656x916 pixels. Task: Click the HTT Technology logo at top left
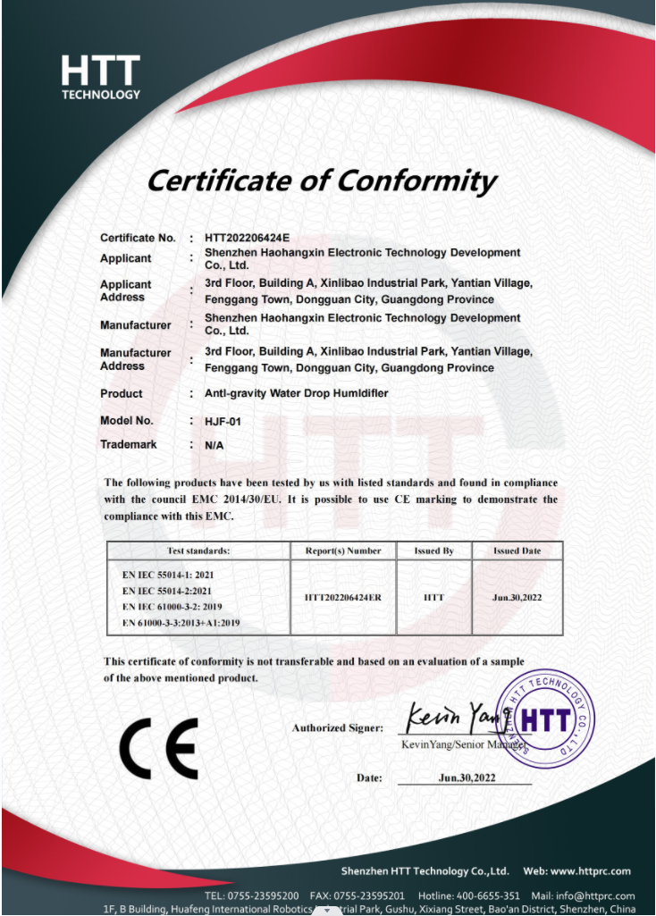pos(100,77)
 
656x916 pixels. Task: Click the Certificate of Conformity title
pos(321,181)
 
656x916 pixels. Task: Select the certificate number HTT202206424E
pos(247,238)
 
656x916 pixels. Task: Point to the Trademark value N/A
pos(214,444)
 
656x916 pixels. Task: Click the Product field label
pos(121,393)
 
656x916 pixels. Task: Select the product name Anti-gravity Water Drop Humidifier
pos(296,393)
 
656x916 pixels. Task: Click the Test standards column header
pos(198,551)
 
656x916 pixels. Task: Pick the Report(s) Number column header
pos(343,551)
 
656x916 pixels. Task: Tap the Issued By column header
pos(433,551)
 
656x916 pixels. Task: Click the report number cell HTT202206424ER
pos(343,597)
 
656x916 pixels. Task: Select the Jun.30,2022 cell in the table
pos(517,597)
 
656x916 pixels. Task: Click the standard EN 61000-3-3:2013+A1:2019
pos(181,622)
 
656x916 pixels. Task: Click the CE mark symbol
pos(158,748)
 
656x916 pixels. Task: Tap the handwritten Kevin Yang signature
pos(456,717)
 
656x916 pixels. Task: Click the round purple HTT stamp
pos(545,719)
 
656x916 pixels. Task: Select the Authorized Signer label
pos(337,728)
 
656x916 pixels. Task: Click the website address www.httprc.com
pos(589,871)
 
